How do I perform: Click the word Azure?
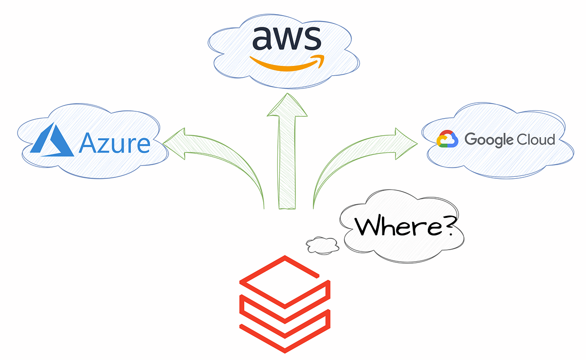tap(114, 143)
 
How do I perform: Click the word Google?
tap(490, 140)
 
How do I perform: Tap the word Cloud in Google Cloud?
tap(536, 140)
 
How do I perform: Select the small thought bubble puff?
tap(323, 245)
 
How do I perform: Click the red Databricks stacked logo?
tap(285, 303)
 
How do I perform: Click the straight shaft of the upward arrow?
tap(287, 161)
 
